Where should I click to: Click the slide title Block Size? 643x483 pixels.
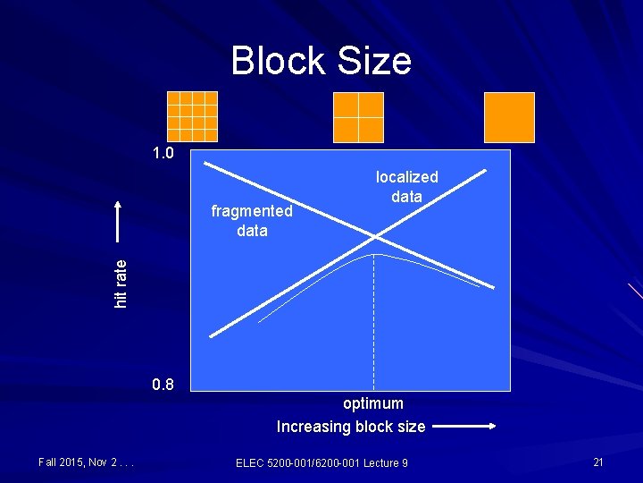pyautogui.click(x=321, y=61)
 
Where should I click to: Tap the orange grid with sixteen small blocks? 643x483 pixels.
pyautogui.click(x=192, y=116)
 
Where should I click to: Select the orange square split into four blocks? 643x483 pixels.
pyautogui.click(x=358, y=117)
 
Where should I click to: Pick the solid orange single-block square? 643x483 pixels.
pyautogui.click(x=509, y=117)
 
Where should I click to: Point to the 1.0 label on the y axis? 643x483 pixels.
pyautogui.click(x=163, y=154)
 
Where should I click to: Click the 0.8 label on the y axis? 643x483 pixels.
pyautogui.click(x=163, y=386)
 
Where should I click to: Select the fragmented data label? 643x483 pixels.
pyautogui.click(x=252, y=220)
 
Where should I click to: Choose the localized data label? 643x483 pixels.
pyautogui.click(x=406, y=186)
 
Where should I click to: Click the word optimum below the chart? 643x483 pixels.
pyautogui.click(x=373, y=403)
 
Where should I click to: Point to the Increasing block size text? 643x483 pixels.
pyautogui.click(x=351, y=427)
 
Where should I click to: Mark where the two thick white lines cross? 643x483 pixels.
pyautogui.click(x=376, y=238)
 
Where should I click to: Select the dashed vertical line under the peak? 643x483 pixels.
pyautogui.click(x=374, y=322)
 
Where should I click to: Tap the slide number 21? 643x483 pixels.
pyautogui.click(x=598, y=462)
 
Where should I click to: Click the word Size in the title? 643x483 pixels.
pyautogui.click(x=375, y=61)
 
